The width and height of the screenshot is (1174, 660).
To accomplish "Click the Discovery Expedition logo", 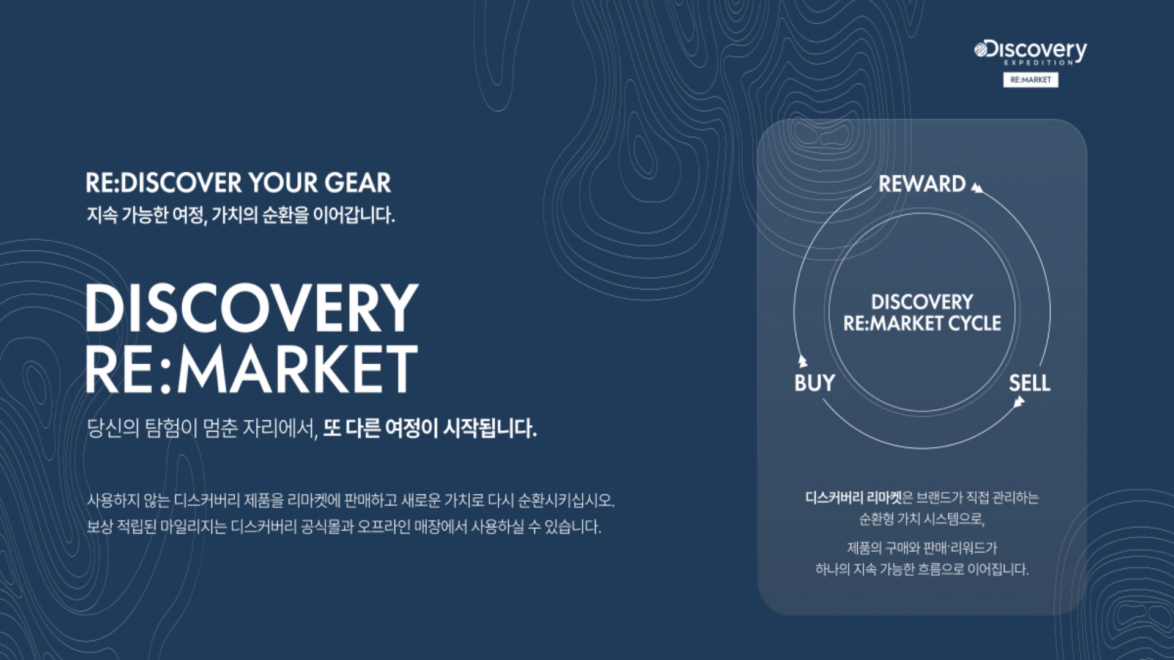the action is tap(1031, 53).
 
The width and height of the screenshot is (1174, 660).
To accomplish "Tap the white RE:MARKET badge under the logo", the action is tap(1031, 80).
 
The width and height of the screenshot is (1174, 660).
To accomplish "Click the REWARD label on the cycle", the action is tap(922, 184).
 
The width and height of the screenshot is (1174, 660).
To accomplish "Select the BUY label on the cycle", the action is tap(814, 383).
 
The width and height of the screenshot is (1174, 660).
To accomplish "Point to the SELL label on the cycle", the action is tap(1030, 383).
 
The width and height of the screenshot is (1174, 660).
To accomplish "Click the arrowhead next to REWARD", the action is tap(977, 188).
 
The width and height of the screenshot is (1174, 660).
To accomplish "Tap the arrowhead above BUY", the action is tap(803, 362).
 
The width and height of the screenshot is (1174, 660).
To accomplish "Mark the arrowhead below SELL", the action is tap(1018, 402).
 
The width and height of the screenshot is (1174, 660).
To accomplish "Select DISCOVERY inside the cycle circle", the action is tap(922, 302).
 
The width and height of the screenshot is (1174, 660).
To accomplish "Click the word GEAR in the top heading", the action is tap(358, 183).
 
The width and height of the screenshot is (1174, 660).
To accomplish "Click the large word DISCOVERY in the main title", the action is tap(252, 308).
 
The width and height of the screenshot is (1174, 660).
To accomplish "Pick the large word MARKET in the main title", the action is tap(298, 369).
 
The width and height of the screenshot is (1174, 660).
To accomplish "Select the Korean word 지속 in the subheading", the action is tap(102, 215).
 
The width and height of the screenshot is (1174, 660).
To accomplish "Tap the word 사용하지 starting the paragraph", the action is tap(114, 501).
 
